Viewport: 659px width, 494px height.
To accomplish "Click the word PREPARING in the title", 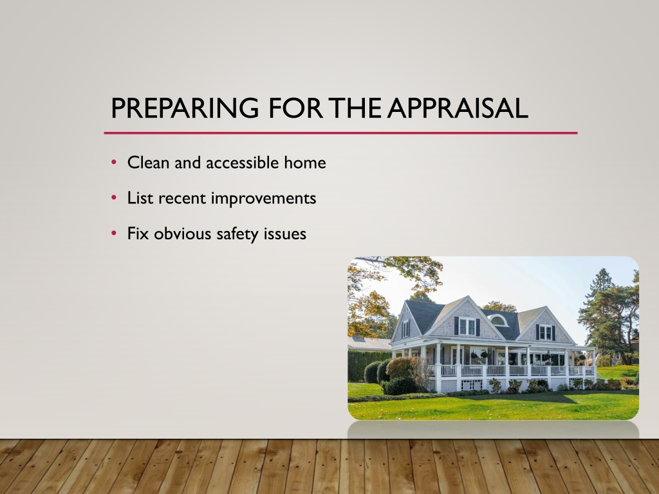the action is tap(185, 108).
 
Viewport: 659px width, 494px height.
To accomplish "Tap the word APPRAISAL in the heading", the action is tap(458, 108).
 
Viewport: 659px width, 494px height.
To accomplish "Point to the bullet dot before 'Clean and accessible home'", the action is tap(114, 162).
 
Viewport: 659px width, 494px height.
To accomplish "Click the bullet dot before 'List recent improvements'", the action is tap(114, 197).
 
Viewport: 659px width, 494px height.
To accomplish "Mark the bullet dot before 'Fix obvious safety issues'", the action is tap(114, 233).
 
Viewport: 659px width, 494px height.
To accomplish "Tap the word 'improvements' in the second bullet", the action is tap(263, 199).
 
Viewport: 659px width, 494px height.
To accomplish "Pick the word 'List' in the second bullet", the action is tap(140, 198).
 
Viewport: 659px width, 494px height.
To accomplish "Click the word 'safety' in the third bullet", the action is tap(237, 234).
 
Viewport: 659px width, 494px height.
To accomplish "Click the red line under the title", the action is tap(341, 133).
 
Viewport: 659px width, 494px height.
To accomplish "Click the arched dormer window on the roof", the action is tap(499, 320).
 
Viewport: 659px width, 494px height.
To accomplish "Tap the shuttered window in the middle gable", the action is tap(467, 326).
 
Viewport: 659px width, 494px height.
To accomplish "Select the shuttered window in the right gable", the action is tap(545, 333).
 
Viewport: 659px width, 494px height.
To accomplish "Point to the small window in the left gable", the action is tap(405, 329).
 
